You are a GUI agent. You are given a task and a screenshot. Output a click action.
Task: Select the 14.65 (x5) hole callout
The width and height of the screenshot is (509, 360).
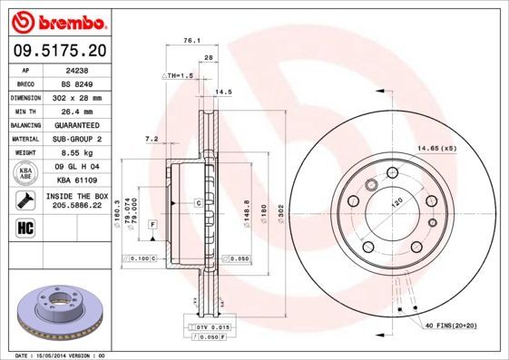436,148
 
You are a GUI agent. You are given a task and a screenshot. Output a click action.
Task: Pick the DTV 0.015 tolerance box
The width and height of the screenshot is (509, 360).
209,326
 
